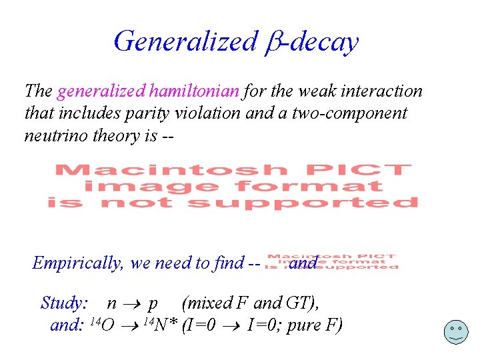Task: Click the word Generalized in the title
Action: click(x=185, y=41)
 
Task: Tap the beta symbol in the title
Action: click(x=271, y=42)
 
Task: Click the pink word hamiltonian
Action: click(x=197, y=90)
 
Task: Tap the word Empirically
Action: click(x=78, y=263)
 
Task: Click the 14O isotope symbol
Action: click(x=101, y=326)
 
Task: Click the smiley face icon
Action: click(x=455, y=331)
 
